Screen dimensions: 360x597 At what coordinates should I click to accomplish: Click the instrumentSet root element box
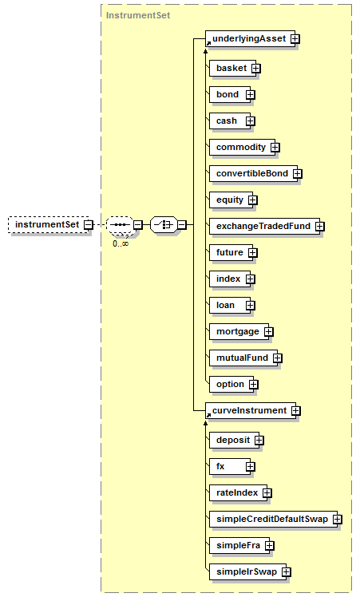49,224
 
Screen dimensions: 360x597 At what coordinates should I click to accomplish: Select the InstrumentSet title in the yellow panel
138,15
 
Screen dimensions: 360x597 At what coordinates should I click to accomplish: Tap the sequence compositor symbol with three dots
120,224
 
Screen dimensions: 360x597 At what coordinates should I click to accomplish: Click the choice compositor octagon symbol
164,224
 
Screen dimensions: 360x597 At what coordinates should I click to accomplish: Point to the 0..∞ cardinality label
121,243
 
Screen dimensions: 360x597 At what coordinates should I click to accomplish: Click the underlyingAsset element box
250,38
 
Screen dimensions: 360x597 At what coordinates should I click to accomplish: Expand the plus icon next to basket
256,68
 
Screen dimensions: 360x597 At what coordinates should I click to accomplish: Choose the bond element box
230,94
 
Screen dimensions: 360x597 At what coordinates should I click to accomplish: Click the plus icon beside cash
251,121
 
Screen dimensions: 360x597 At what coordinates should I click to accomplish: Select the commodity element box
242,147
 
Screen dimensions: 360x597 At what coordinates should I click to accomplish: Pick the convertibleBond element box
253,173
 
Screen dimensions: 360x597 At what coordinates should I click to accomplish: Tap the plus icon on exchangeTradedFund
320,226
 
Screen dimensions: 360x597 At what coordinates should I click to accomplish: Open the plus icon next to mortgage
268,332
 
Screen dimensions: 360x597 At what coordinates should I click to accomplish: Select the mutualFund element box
243,358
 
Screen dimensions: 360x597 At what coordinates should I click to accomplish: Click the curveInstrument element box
251,410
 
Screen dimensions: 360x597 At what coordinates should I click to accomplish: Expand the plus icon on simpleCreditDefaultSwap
338,519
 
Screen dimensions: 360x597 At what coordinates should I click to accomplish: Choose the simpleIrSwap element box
248,571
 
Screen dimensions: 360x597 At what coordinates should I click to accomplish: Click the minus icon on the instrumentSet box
89,224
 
